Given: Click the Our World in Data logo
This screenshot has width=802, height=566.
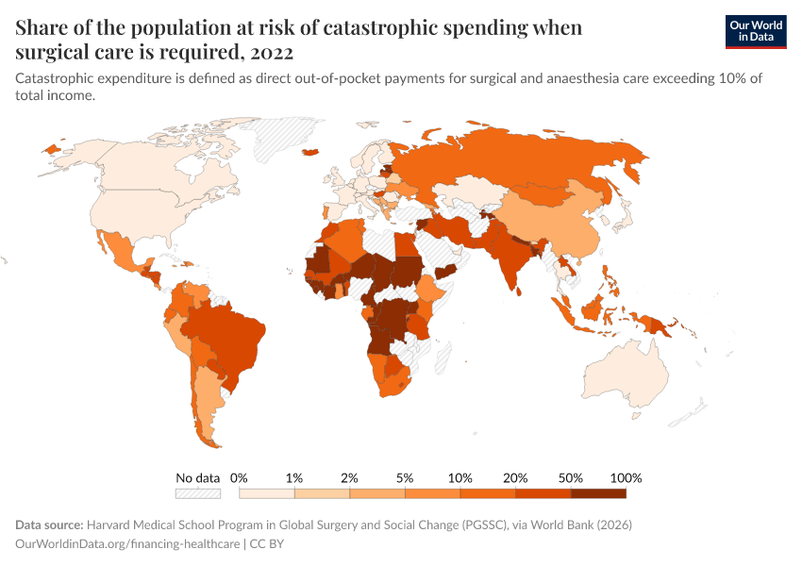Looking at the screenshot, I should click(x=756, y=31).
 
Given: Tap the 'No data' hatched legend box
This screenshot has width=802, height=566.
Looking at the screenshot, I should click(x=197, y=492).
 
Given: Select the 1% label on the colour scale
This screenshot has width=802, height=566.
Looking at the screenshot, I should click(x=294, y=477).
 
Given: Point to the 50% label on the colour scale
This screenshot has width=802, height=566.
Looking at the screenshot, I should click(x=571, y=477).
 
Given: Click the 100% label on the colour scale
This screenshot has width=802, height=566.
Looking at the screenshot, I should click(x=626, y=477).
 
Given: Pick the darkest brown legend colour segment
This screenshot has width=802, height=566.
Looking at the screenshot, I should click(x=598, y=492).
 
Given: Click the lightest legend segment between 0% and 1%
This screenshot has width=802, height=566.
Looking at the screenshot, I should click(x=267, y=492).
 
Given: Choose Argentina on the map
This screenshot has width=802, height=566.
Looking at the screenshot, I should click(x=210, y=406).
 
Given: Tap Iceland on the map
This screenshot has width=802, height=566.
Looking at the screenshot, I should click(x=310, y=152).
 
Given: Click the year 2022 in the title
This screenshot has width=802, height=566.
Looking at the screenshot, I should click(x=270, y=51).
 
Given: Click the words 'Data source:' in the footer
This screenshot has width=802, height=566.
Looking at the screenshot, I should click(x=49, y=524).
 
